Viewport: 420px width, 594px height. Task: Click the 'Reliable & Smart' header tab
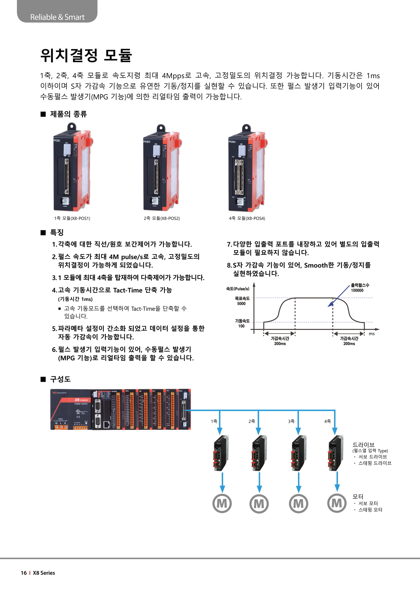[x=57, y=17]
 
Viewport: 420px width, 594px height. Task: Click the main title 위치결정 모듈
[x=86, y=55]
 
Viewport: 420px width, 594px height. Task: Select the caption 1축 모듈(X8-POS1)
[x=72, y=218]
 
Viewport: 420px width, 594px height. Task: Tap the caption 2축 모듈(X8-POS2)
[x=162, y=218]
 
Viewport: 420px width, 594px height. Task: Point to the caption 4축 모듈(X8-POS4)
[x=247, y=218]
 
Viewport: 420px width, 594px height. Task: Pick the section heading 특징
[x=57, y=232]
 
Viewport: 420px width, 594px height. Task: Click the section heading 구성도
[x=60, y=379]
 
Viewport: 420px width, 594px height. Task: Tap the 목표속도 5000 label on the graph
[x=242, y=301]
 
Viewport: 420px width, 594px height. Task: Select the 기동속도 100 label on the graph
[x=242, y=323]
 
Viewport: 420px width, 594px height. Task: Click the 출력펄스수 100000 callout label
[x=360, y=288]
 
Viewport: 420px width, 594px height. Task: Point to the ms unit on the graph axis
[x=372, y=334]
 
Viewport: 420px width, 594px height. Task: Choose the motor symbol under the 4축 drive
[x=337, y=503]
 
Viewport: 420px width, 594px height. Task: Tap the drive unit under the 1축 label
[x=221, y=453]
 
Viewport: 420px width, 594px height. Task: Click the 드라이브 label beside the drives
[x=363, y=445]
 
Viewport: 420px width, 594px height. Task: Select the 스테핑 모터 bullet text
[x=370, y=510]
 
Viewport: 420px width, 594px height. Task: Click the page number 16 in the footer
[x=24, y=573]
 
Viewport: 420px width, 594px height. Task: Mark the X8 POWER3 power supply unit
[x=71, y=409]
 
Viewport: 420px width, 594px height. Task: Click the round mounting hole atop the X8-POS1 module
[x=71, y=127]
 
